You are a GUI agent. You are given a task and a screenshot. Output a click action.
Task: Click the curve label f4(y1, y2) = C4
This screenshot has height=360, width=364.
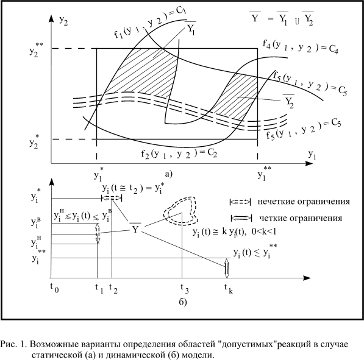[301, 47]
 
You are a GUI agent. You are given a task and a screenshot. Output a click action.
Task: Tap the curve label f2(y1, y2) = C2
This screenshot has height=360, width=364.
[179, 154]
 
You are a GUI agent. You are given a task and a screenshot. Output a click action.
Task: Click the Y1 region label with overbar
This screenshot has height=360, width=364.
[191, 28]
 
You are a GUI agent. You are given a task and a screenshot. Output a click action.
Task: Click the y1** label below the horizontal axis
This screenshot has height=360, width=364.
[264, 173]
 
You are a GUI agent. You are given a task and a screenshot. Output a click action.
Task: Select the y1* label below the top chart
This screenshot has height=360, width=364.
[99, 174]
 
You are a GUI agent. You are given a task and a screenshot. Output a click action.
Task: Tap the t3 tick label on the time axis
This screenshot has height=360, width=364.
[185, 288]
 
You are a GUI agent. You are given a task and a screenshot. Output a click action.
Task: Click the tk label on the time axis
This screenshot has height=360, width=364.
[229, 288]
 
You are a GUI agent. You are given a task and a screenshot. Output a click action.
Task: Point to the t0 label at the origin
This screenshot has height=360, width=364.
[54, 288]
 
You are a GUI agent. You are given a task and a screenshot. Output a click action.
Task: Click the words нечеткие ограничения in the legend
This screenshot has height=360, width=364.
[304, 202]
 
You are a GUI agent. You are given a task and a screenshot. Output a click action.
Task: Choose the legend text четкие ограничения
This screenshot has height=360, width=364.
[301, 218]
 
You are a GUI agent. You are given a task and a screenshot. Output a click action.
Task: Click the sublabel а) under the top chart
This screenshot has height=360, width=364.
[168, 174]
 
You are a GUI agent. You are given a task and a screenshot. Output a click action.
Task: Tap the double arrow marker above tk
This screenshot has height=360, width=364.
[227, 268]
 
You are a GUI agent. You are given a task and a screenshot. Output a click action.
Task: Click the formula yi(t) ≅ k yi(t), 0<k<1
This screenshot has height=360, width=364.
[235, 231]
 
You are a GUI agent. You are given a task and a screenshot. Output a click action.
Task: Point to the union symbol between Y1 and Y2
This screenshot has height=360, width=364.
[297, 22]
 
